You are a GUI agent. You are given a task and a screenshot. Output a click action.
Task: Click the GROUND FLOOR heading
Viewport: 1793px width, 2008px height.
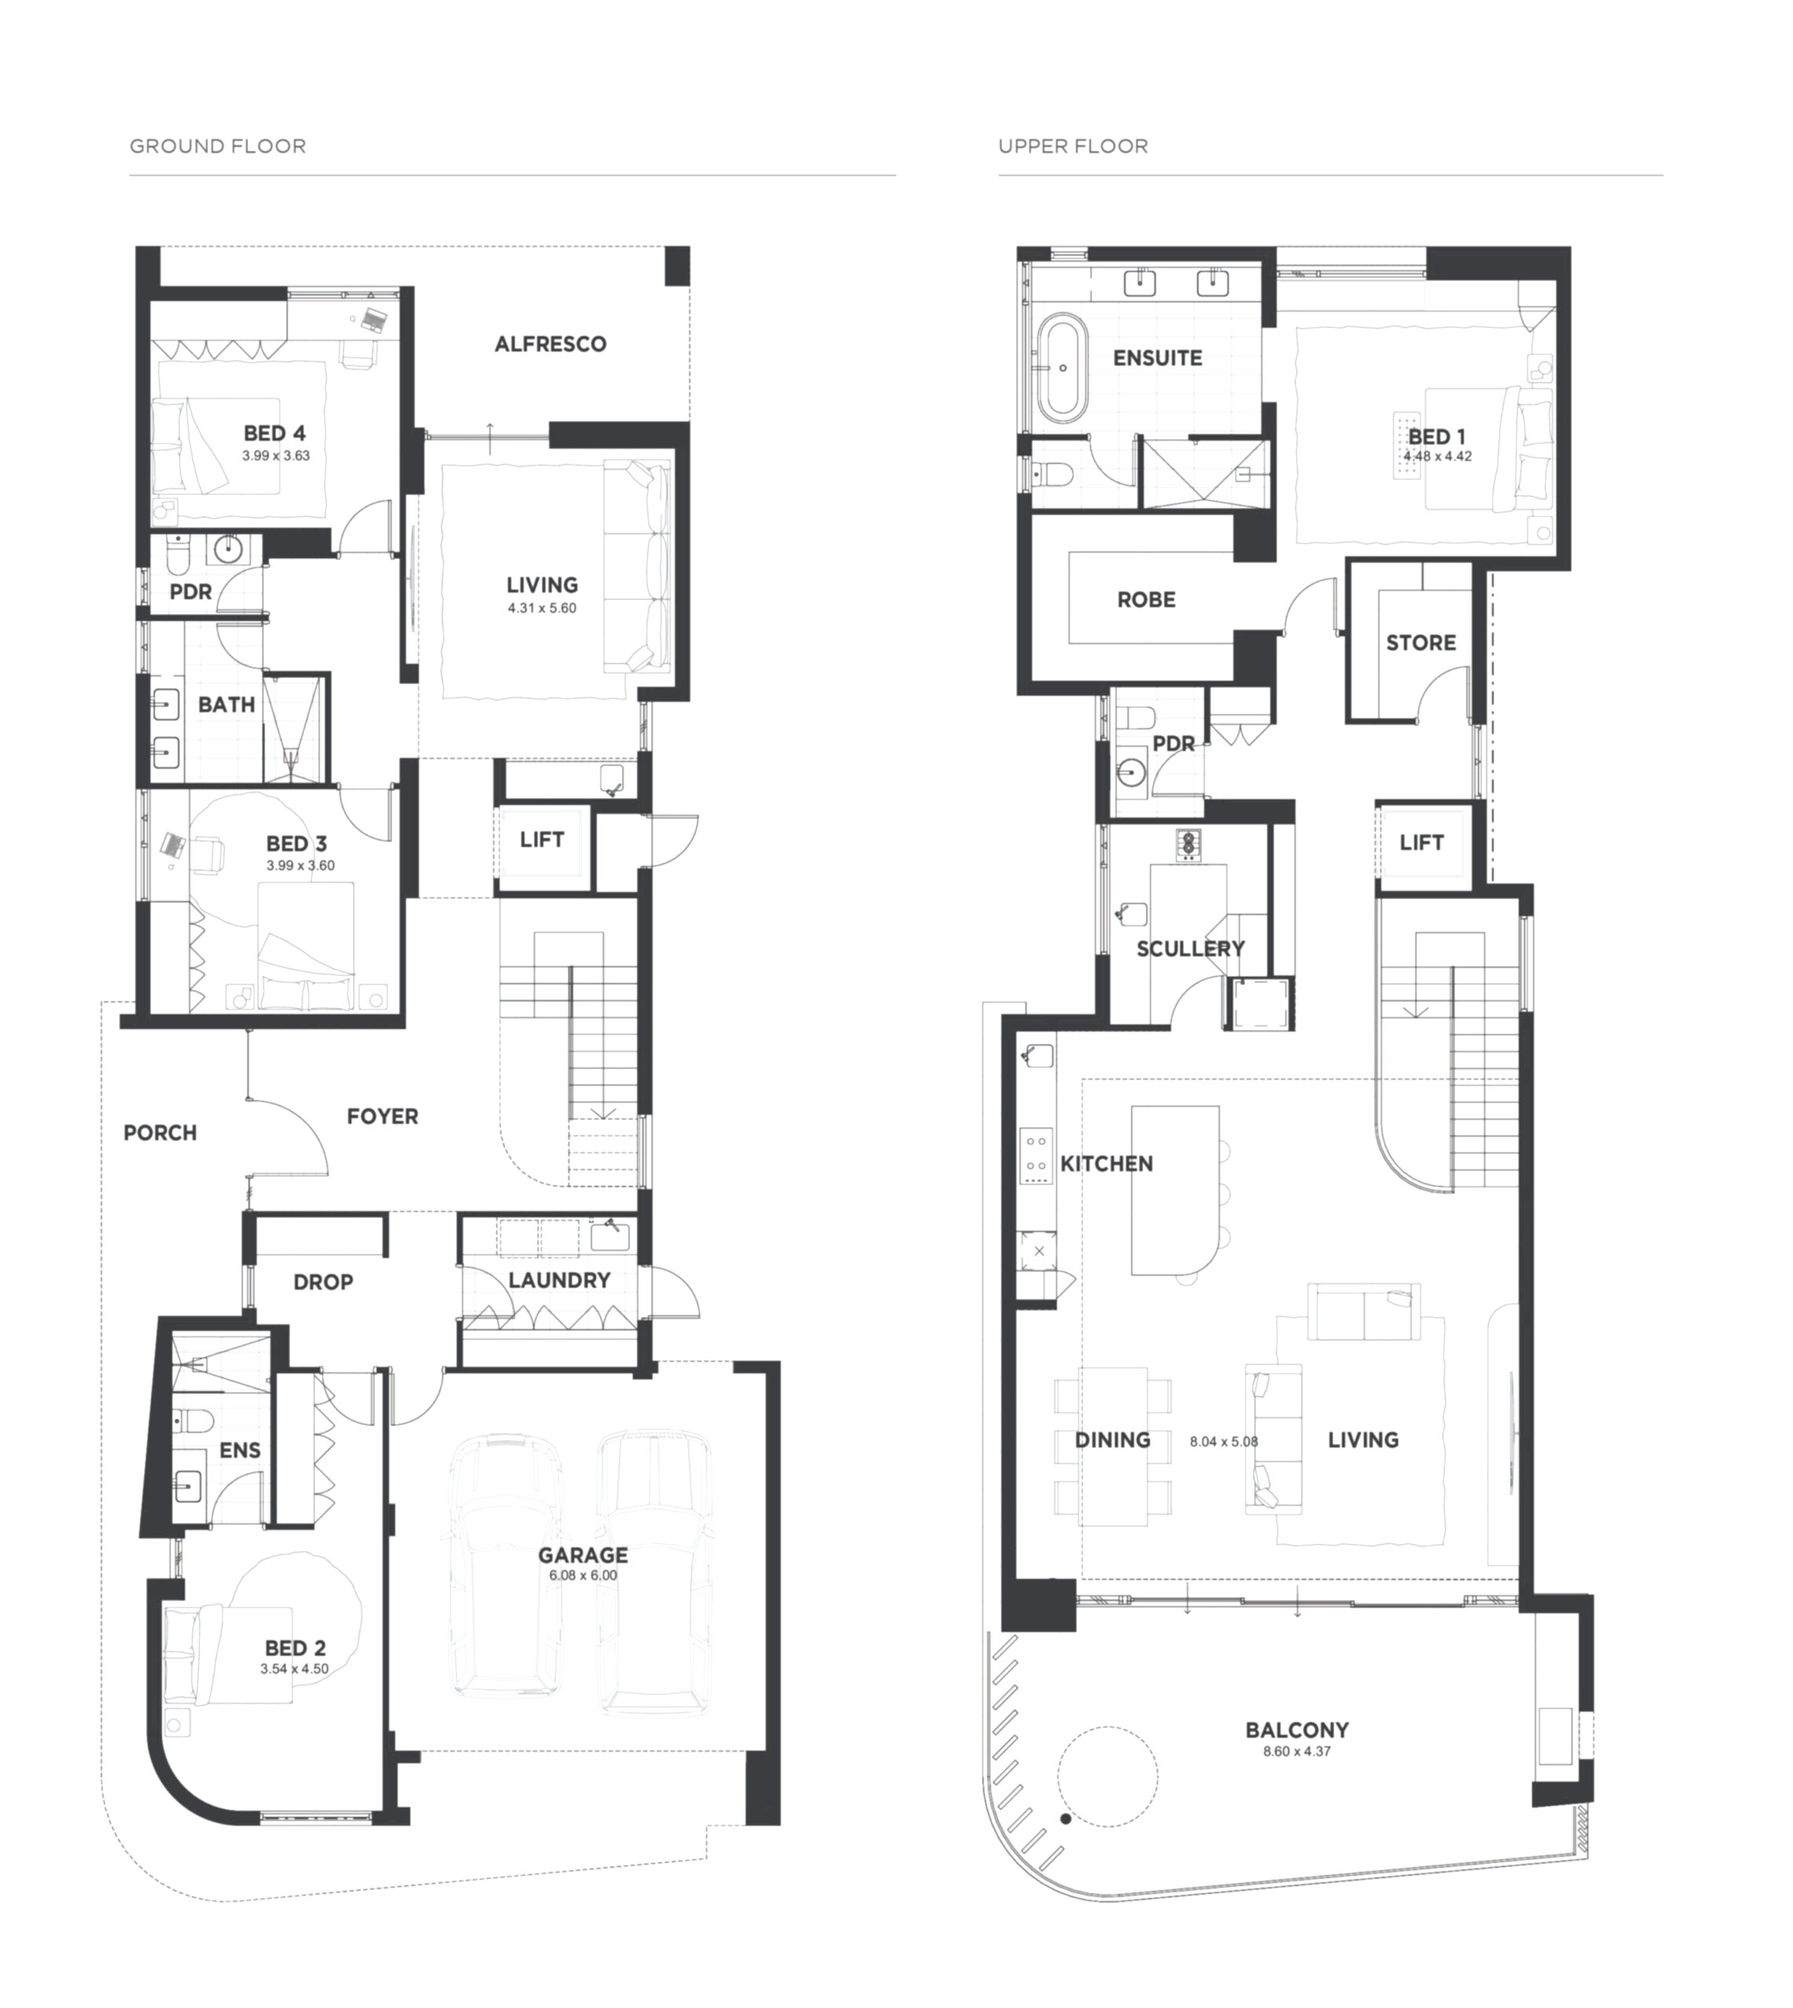tap(218, 147)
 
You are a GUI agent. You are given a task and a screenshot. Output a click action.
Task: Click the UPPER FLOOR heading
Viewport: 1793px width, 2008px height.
tap(1073, 147)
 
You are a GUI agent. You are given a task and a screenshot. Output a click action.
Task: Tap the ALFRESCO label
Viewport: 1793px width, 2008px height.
tap(551, 344)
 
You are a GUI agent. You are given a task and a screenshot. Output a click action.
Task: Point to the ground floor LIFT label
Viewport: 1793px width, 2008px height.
tap(542, 839)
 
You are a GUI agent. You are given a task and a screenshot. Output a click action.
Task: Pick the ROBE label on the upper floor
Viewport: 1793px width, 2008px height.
tap(1146, 599)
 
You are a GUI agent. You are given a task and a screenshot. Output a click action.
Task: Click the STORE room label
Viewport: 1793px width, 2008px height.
tap(1420, 642)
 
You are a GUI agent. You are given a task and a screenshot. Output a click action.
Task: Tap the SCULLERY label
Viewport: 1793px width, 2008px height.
tap(1190, 949)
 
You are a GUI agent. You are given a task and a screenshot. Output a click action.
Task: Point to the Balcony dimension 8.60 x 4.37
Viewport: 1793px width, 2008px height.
tap(1297, 1752)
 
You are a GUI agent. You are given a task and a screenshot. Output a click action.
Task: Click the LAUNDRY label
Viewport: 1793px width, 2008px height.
tap(559, 1280)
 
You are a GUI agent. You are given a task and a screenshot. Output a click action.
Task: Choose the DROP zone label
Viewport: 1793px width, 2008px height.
tap(323, 1282)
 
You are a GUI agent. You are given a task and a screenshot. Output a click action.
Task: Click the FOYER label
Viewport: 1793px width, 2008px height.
tap(382, 1116)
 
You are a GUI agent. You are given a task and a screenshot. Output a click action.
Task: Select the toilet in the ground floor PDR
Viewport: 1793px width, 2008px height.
tap(177, 555)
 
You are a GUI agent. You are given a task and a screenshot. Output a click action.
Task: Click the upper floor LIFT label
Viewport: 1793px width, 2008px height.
tap(1421, 842)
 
